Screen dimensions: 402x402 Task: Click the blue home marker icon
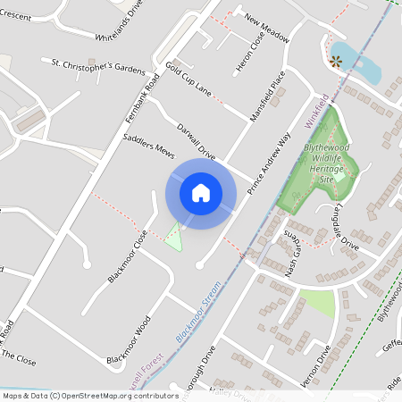point(201,192)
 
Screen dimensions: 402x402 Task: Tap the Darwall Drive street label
point(197,140)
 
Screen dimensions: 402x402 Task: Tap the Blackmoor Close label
point(128,257)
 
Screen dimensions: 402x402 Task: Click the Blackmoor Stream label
point(197,319)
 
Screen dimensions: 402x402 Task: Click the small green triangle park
point(174,239)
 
